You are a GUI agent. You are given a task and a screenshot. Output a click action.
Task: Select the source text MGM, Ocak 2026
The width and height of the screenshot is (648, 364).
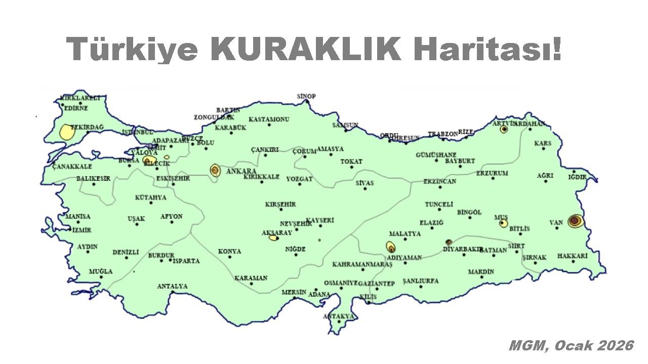[x=571, y=346]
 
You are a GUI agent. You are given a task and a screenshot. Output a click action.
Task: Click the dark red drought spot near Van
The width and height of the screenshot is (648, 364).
[x=575, y=221]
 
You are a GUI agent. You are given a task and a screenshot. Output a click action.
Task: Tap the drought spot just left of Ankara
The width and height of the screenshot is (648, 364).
[x=215, y=170]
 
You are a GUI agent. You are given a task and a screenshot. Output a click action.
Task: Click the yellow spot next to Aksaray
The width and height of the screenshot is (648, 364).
[x=273, y=237]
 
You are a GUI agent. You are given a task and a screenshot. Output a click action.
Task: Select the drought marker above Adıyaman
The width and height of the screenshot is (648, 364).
[x=391, y=247]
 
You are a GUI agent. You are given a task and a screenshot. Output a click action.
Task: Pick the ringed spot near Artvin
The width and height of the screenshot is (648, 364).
[x=504, y=129]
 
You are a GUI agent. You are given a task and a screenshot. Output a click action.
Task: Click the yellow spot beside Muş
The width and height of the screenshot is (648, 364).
[x=503, y=223]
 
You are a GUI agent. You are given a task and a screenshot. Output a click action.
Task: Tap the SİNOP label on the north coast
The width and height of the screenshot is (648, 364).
[x=306, y=96]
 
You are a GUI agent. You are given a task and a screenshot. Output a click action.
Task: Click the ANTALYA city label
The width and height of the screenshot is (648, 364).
[x=172, y=286]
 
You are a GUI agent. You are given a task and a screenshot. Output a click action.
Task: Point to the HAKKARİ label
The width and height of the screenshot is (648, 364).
[x=572, y=256]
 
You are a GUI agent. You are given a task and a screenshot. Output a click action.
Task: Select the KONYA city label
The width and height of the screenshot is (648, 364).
[x=230, y=251]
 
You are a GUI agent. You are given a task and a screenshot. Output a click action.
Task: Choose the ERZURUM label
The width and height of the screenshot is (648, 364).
[x=492, y=173]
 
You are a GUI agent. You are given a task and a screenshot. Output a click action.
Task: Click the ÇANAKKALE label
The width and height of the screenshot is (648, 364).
[x=72, y=166]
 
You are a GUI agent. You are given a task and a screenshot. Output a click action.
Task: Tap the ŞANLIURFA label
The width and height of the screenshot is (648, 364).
[x=421, y=281]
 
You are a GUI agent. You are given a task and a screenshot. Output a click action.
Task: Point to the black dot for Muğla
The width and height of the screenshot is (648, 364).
[x=100, y=278]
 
